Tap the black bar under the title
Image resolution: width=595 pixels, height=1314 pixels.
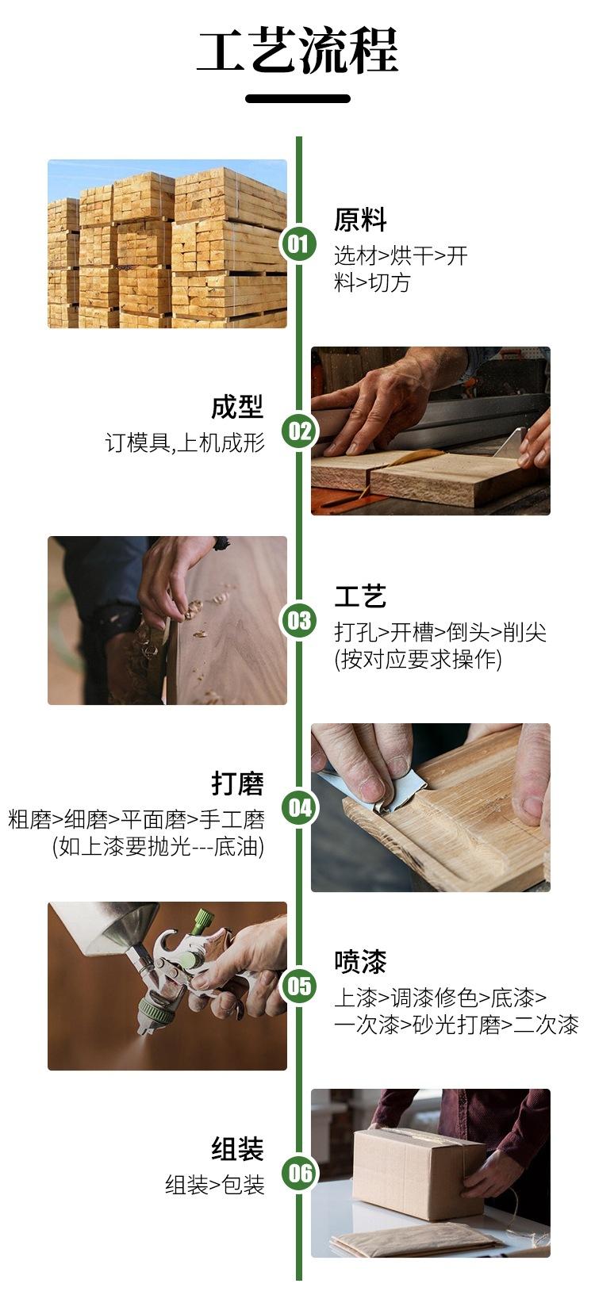tap(297, 98)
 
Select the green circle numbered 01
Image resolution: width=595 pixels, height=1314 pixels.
tap(298, 243)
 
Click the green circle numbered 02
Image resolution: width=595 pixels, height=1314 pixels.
tap(298, 431)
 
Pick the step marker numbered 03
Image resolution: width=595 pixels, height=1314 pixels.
tap(298, 620)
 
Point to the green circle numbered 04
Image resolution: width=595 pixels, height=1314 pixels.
tap(298, 808)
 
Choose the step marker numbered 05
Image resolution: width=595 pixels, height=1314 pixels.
tap(298, 986)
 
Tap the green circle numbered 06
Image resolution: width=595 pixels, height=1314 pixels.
tap(298, 1173)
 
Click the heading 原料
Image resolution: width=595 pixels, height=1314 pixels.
tap(360, 220)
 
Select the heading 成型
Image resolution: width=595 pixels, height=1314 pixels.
tap(238, 407)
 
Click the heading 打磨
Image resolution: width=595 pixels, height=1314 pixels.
tap(238, 783)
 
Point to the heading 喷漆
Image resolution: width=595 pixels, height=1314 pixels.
tap(360, 961)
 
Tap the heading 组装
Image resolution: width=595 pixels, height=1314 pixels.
tap(238, 1149)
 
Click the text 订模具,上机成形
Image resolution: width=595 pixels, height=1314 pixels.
tap(185, 442)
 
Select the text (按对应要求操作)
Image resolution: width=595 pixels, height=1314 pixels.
tap(418, 659)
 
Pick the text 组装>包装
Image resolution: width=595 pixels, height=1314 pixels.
tap(215, 1185)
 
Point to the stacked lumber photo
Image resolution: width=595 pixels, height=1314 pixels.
tap(167, 243)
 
